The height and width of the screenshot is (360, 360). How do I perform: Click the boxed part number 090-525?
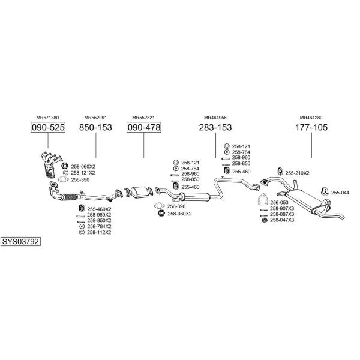click(x=48, y=127)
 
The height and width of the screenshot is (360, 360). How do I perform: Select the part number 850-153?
click(x=95, y=127)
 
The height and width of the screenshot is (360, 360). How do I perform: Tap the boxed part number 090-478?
click(x=143, y=127)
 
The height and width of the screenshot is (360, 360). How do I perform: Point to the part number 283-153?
click(x=215, y=127)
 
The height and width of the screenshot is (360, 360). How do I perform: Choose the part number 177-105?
click(x=311, y=127)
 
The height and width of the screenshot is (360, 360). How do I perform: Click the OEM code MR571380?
click(x=47, y=118)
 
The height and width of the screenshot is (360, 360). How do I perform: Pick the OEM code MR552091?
click(x=95, y=118)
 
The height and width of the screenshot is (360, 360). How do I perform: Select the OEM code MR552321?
click(x=143, y=118)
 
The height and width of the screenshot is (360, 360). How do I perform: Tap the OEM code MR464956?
click(x=215, y=118)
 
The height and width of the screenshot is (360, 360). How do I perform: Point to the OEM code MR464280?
click(x=311, y=118)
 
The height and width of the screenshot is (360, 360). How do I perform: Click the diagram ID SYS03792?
click(x=20, y=242)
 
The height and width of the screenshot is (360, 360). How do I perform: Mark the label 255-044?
click(x=340, y=192)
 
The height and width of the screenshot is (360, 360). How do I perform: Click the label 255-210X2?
click(x=297, y=173)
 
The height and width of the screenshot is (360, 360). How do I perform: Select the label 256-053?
click(x=279, y=202)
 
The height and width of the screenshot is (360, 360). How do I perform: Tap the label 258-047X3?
click(x=282, y=220)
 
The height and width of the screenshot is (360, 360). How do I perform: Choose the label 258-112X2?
click(x=99, y=232)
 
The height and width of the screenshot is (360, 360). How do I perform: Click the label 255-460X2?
click(x=99, y=208)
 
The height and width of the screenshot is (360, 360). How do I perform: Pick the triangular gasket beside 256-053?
click(x=262, y=200)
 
